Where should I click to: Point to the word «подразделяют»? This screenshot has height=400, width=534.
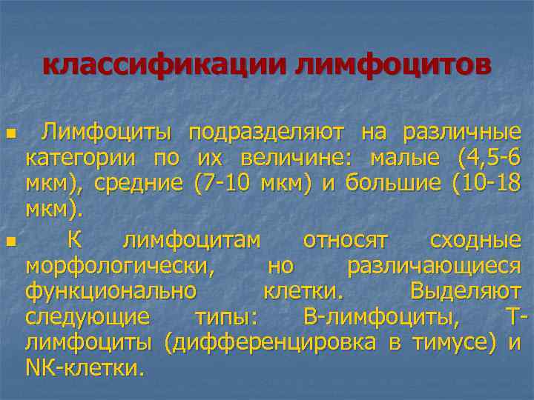coord(266,133)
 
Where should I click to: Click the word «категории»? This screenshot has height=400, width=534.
coord(80,159)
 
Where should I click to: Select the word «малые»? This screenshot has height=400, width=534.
coord(403,159)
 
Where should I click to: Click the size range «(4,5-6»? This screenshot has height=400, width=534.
coord(485,159)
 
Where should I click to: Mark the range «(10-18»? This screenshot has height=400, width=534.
coord(486,184)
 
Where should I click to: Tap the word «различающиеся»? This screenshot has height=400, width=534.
coord(434,266)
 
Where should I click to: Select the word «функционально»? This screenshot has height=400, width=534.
coord(111,292)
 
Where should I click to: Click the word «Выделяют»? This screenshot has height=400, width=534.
coord(465,292)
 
